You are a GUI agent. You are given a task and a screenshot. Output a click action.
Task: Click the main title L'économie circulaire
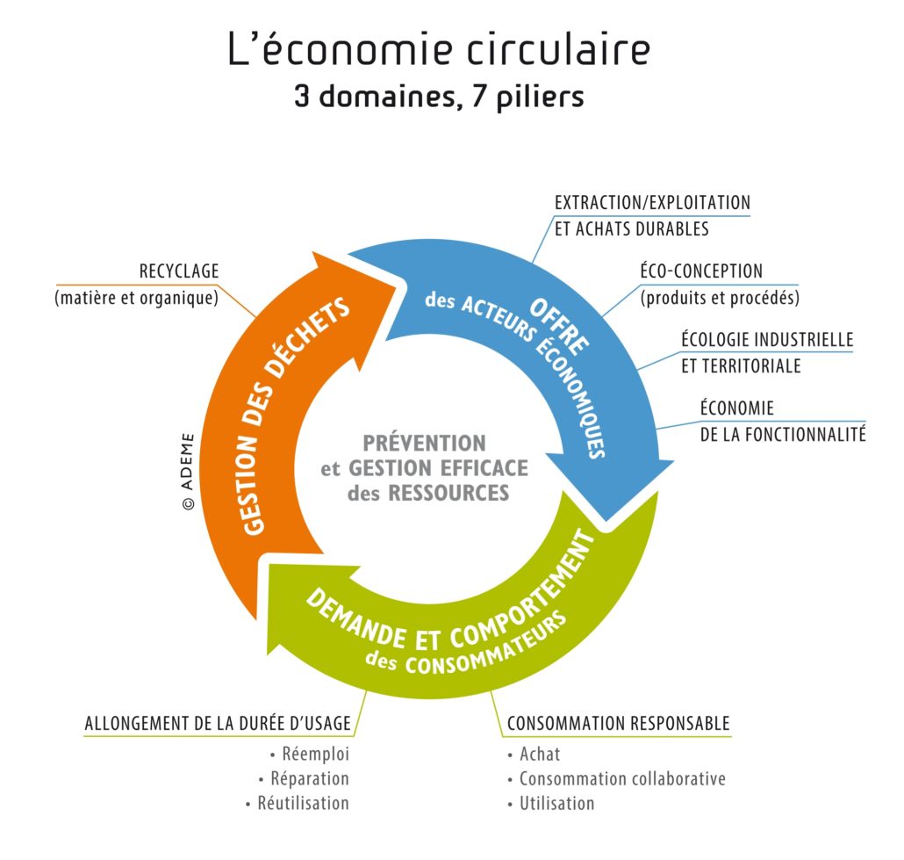pyautogui.click(x=440, y=49)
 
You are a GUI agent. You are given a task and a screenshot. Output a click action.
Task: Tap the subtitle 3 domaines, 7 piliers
pyautogui.click(x=440, y=97)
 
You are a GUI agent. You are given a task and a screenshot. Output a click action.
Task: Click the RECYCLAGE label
pyautogui.click(x=179, y=271)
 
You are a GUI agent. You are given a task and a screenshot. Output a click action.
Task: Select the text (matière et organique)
pyautogui.click(x=137, y=298)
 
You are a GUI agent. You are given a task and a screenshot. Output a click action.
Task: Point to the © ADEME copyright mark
pyautogui.click(x=188, y=472)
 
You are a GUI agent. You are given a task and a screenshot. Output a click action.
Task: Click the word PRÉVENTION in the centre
pyautogui.click(x=424, y=444)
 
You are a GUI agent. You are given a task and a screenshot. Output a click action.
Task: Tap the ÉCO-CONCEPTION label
pyautogui.click(x=701, y=271)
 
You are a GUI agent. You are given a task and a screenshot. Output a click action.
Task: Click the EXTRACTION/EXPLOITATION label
pyautogui.click(x=652, y=203)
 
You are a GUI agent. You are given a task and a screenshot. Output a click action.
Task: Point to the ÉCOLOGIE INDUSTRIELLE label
pyautogui.click(x=767, y=339)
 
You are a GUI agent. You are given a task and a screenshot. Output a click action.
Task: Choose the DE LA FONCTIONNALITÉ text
pyautogui.click(x=783, y=433)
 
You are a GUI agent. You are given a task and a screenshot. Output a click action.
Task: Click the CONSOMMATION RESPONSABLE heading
pyautogui.click(x=618, y=723)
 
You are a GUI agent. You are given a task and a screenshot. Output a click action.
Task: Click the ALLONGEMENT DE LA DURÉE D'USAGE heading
pyautogui.click(x=218, y=723)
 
